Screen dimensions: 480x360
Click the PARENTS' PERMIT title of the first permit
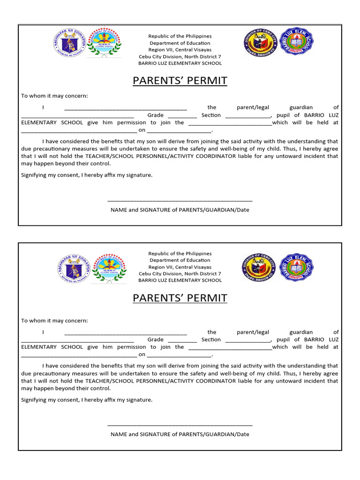coord(180,81)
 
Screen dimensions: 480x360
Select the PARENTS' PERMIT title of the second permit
coord(180,298)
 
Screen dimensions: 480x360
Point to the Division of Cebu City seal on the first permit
coord(260,43)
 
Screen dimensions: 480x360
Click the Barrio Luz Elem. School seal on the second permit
coord(296,268)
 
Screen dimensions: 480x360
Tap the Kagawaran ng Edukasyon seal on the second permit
coord(73,269)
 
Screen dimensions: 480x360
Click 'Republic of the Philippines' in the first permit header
coord(180,36)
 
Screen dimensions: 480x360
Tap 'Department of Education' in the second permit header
coord(180,260)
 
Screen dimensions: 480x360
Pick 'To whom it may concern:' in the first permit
coord(54,96)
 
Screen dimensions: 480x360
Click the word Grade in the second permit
coord(155,339)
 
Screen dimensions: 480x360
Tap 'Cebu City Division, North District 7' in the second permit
coord(180,274)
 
